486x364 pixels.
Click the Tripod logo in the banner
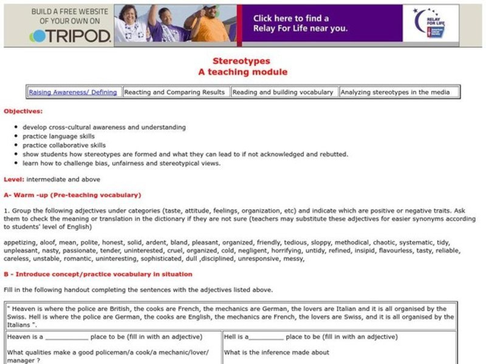point(70,36)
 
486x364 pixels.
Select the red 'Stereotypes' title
point(242,61)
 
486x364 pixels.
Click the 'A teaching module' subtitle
point(242,72)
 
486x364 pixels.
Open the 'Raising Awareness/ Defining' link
point(73,92)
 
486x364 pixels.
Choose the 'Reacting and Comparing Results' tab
point(175,92)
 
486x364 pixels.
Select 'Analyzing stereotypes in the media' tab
point(395,92)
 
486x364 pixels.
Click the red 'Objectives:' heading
point(24,112)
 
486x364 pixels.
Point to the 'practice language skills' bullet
point(59,136)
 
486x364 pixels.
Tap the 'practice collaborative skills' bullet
point(64,146)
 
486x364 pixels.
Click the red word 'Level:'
point(14,180)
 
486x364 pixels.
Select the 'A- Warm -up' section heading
point(72,195)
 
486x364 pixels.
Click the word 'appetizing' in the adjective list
point(20,242)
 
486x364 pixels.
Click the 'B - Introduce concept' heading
point(98,274)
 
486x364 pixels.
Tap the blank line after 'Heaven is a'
point(67,337)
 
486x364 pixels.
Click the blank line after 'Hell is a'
point(266,337)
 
